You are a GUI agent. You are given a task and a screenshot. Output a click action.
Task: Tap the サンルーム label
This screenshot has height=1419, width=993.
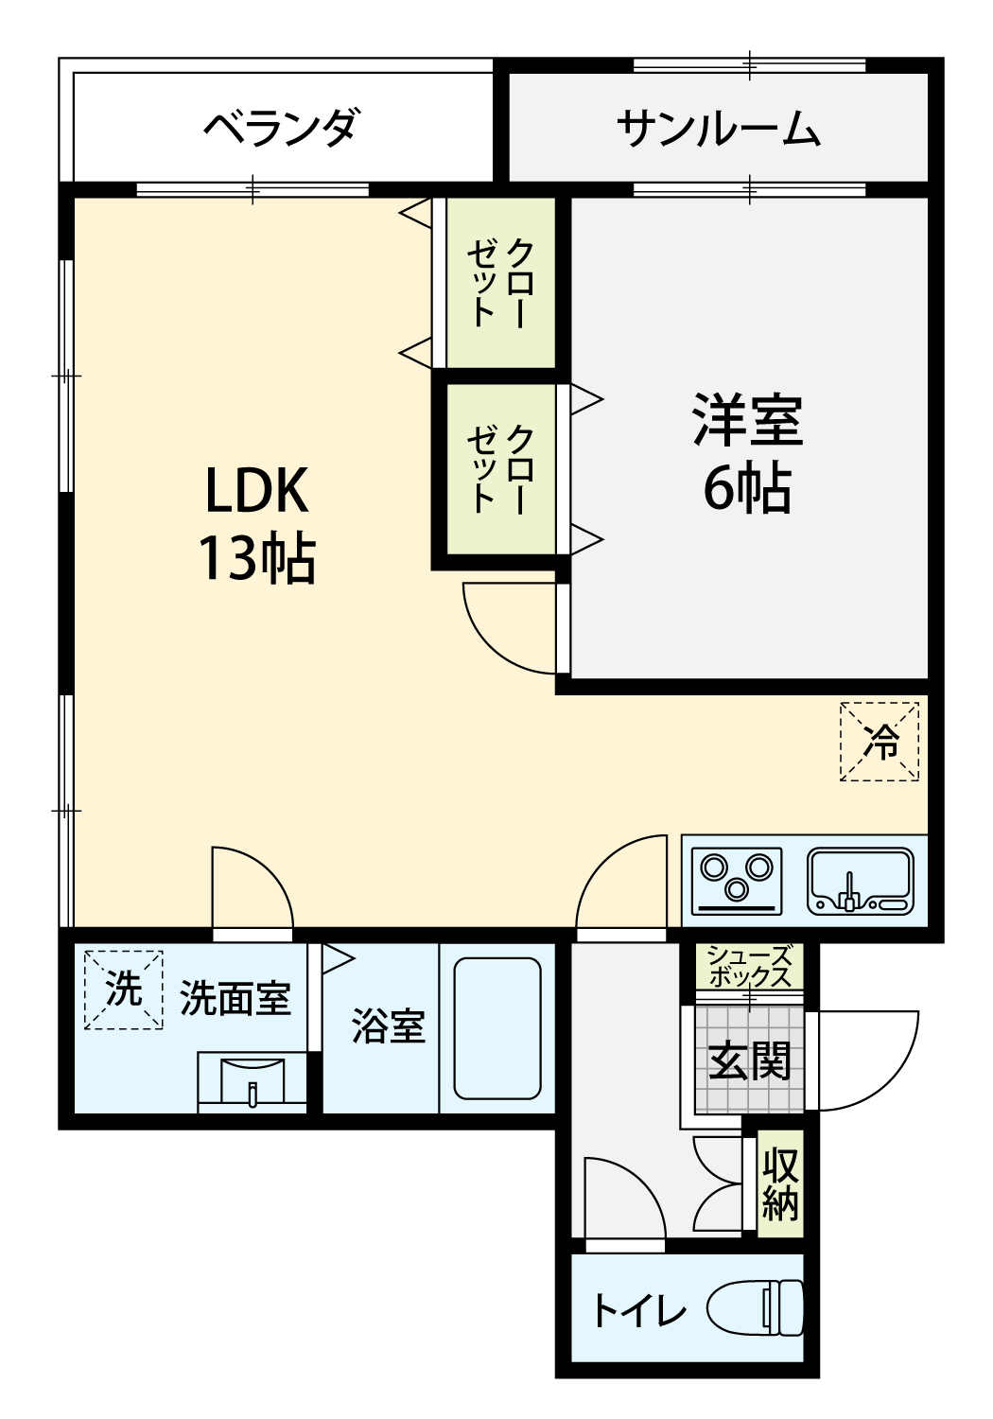click(x=719, y=128)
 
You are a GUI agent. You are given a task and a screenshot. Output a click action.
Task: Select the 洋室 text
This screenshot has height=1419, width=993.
click(x=748, y=420)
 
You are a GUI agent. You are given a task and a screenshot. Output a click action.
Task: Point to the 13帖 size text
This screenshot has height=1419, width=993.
click(x=257, y=559)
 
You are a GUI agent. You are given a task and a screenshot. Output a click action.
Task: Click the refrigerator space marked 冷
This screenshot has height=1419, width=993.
click(x=879, y=741)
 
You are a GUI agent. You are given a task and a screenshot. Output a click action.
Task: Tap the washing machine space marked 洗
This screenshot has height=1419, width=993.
click(x=124, y=990)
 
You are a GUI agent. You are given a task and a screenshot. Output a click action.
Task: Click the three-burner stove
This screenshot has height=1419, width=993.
click(x=737, y=882)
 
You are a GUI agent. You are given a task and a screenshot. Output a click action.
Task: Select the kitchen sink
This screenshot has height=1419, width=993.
click(x=860, y=881)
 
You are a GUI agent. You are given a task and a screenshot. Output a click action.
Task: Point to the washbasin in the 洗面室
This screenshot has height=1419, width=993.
click(x=253, y=1082)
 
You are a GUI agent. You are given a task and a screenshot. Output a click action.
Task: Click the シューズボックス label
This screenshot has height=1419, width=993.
click(x=749, y=967)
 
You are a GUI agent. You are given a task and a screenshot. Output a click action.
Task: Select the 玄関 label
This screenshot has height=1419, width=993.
click(x=749, y=1061)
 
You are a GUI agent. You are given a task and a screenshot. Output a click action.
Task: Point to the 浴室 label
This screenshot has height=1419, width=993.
click(x=389, y=1025)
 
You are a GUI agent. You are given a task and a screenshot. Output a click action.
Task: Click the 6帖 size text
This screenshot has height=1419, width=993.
click(x=747, y=490)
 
